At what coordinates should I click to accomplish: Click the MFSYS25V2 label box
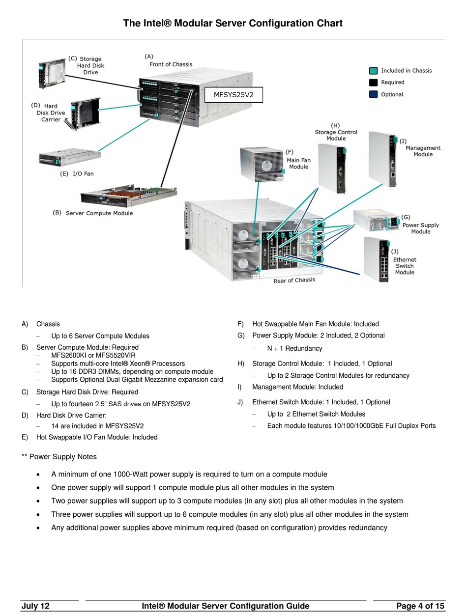(x=233, y=94)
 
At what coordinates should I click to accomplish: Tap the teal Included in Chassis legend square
(x=374, y=71)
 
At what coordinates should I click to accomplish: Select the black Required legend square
(x=374, y=83)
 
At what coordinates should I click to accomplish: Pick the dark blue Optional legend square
(x=374, y=94)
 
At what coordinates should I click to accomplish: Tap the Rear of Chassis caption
(x=294, y=280)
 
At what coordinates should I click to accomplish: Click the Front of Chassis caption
(x=171, y=64)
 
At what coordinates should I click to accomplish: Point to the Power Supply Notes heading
(x=59, y=457)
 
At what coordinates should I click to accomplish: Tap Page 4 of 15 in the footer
(x=420, y=606)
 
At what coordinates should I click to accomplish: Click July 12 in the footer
(x=35, y=606)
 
